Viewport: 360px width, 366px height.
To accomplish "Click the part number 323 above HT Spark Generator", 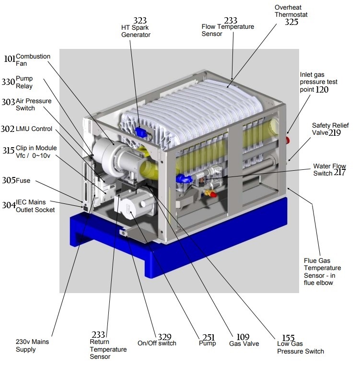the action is point(140,21).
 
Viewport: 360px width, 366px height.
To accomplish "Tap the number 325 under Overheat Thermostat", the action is point(291,22).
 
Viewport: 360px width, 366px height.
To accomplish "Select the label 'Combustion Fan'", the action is point(33,60).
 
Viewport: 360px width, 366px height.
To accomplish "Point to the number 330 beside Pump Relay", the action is point(8,82).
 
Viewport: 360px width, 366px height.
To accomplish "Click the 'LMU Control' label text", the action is point(34,129).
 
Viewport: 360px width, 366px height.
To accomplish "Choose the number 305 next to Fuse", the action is point(9,180).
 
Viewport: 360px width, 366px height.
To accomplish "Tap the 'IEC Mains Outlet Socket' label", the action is point(35,206).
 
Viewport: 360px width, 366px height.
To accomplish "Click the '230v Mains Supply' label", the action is point(33,346).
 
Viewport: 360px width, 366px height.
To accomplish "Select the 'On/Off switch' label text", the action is point(157,343).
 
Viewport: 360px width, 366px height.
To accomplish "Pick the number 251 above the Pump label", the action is point(209,338).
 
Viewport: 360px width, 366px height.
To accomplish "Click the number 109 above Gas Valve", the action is point(243,337).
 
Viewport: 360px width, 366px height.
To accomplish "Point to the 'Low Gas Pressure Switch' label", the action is point(301,347).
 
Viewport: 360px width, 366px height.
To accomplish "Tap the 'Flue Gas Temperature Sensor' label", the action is point(322,272).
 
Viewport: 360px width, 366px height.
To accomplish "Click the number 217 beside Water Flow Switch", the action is point(340,172).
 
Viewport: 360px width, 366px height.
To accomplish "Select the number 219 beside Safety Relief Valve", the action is point(335,133).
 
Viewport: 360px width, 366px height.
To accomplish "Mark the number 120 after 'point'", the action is point(322,90).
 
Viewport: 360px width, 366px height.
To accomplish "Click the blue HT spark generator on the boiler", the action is point(140,132).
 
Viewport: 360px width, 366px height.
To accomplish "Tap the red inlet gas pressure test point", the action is point(288,140).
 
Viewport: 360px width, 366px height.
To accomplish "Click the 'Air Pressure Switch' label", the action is point(34,105).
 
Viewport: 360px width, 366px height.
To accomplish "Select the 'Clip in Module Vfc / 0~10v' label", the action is point(36,152).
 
